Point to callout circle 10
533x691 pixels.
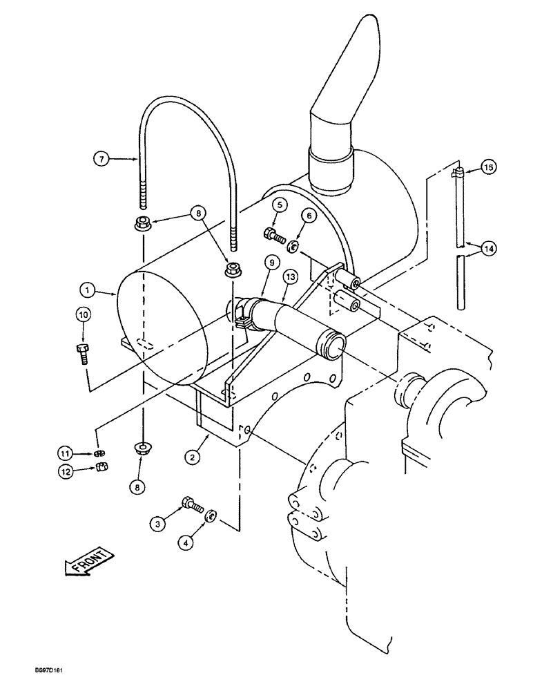(83, 316)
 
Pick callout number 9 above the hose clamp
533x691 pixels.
(271, 263)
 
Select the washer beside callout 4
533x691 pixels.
(213, 514)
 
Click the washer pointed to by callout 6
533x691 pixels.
(293, 246)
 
